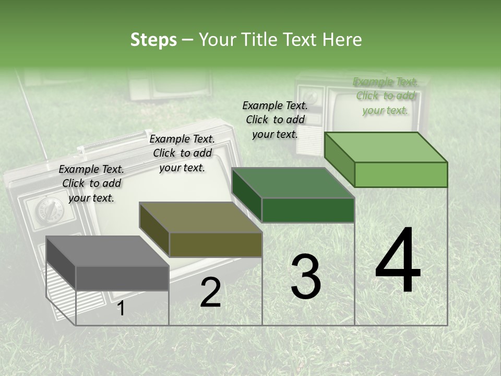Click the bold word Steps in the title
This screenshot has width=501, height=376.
click(153, 40)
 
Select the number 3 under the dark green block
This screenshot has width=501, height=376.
click(306, 277)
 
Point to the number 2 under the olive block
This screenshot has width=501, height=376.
click(210, 293)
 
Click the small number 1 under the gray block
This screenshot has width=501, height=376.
click(121, 309)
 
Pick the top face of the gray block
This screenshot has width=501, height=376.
click(107, 251)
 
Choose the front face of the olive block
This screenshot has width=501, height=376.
click(216, 244)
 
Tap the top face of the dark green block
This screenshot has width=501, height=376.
click(293, 183)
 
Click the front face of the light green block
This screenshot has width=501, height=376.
click(401, 174)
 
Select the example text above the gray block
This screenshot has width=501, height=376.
click(91, 183)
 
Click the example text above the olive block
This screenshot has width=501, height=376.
click(182, 153)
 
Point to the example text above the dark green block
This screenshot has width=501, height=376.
click(275, 120)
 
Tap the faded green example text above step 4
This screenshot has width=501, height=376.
click(386, 96)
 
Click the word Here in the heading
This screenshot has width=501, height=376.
click(342, 40)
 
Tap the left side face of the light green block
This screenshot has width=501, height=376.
click(339, 160)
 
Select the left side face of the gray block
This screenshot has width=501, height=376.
click(61, 264)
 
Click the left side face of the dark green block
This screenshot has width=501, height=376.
click(246, 195)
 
